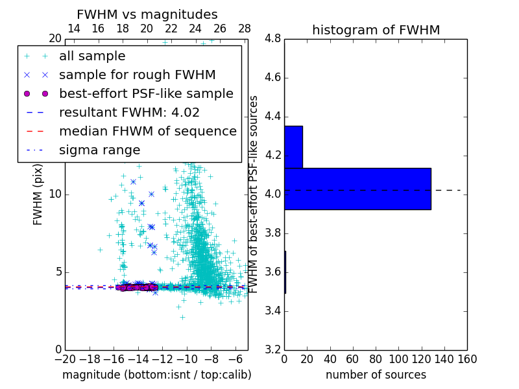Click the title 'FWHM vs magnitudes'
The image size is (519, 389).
147,14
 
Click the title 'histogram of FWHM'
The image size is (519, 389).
376,30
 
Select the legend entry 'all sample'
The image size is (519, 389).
92,56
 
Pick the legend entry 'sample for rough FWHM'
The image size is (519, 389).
137,75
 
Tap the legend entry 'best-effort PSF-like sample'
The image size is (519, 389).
146,93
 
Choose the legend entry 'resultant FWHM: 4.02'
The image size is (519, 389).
129,112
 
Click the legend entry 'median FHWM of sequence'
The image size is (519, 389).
147,131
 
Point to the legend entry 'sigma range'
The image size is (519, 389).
99,150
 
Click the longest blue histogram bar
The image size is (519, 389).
357,189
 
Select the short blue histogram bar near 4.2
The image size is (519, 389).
293,147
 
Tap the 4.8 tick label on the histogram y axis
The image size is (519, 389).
272,39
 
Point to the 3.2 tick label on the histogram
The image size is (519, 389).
272,349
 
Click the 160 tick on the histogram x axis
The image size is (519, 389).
467,359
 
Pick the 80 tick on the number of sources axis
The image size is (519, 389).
376,359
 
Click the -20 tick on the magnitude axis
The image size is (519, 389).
65,359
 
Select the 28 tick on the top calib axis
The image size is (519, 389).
245,29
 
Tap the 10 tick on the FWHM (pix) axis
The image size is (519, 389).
55,194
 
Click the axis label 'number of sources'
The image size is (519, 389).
376,375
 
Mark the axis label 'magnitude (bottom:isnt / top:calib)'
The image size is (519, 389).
156,375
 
